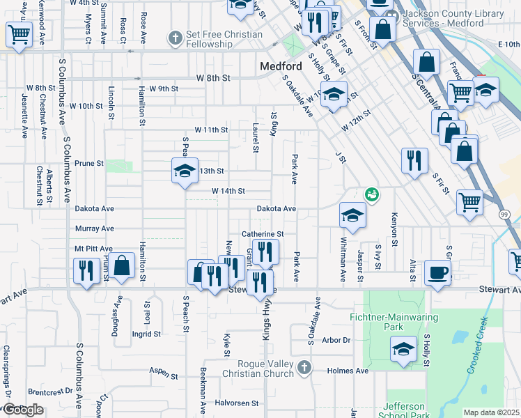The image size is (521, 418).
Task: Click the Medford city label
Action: click(281, 67)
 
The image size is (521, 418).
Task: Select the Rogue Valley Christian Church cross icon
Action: click(304, 367)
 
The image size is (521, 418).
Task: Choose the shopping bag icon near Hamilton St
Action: click(122, 265)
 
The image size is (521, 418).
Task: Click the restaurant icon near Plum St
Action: click(86, 269)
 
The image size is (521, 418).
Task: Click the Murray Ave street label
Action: click(94, 229)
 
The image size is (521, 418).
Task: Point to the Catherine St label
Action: click(263, 234)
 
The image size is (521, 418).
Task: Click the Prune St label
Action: click(89, 164)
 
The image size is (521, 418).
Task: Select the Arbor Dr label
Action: click(336, 341)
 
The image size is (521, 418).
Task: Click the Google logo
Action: click(23, 410)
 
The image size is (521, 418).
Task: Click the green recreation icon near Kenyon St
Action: click(371, 195)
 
